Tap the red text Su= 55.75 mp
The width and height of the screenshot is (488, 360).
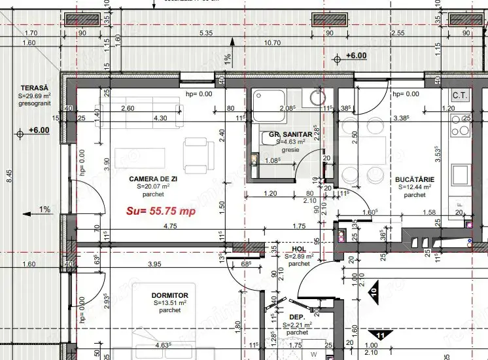pyautogui.click(x=161, y=211)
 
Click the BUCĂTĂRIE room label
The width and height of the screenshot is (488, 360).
pyautogui.click(x=415, y=179)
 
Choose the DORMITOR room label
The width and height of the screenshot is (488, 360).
pyautogui.click(x=169, y=296)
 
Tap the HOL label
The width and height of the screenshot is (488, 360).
pyautogui.click(x=299, y=249)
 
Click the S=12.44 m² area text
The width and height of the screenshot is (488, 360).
pyautogui.click(x=414, y=187)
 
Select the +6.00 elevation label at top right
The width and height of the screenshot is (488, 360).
pyautogui.click(x=356, y=56)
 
